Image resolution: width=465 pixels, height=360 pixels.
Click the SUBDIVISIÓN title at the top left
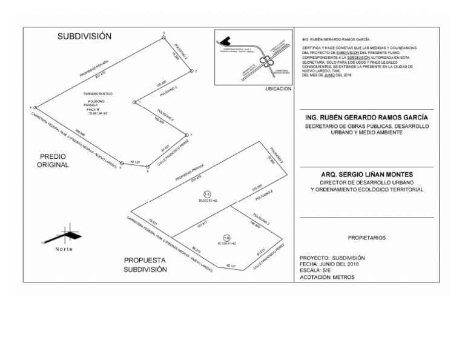coord(85,36)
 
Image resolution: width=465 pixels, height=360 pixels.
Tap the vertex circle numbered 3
coord(164,38)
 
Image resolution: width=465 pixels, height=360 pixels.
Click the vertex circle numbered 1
coord(133,103)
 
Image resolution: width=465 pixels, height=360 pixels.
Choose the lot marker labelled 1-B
coord(226,238)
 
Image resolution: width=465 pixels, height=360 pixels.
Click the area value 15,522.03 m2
coord(208,200)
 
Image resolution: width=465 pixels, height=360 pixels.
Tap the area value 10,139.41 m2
coord(226,244)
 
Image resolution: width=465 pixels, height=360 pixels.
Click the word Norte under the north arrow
coord(64,250)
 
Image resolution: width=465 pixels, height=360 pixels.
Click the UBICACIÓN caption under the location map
coord(279,88)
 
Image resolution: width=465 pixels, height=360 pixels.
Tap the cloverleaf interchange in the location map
coord(265,59)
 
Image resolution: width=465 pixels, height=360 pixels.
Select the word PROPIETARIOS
coord(367,238)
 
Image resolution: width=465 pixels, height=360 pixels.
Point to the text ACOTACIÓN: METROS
coord(327,277)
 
